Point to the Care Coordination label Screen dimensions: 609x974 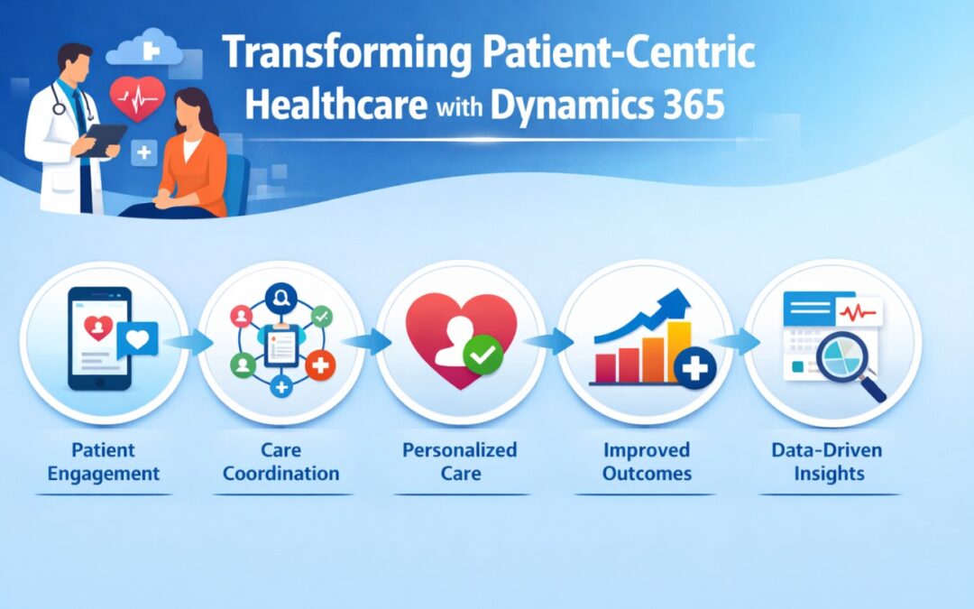click(280, 461)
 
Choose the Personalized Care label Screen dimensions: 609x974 click(461, 461)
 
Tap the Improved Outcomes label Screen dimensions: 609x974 click(646, 461)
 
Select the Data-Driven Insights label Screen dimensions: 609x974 click(828, 461)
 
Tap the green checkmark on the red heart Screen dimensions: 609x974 click(481, 359)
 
